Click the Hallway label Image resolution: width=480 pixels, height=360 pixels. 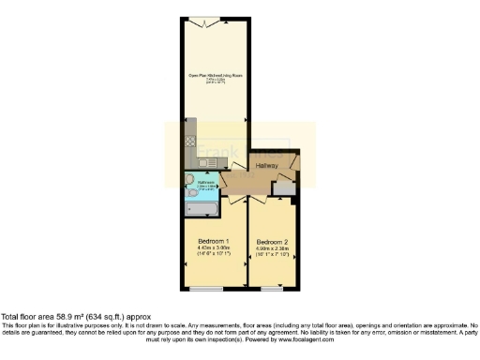[269, 166]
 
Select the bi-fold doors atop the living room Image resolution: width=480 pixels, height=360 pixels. [217, 21]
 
